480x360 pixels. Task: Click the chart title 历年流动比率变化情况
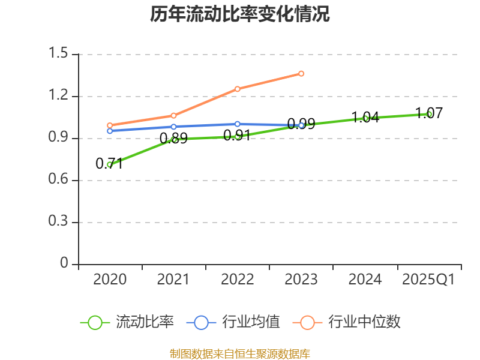[239, 14]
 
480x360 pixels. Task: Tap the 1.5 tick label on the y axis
[59, 54]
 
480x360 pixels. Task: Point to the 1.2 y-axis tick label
[59, 96]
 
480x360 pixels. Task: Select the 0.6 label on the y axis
[59, 180]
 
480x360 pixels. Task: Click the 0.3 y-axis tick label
[59, 222]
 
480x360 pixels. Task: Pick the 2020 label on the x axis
[110, 280]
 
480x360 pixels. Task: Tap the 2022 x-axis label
[238, 280]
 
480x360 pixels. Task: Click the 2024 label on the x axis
[365, 280]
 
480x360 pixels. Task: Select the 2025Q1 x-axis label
[428, 280]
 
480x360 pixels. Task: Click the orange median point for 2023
[301, 74]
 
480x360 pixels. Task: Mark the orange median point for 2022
[238, 89]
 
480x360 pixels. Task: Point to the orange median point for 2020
[110, 125]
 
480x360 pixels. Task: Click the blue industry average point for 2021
[174, 127]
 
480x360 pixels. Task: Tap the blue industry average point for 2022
[238, 124]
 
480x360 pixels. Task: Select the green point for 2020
[110, 164]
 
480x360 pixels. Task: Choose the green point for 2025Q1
[429, 114]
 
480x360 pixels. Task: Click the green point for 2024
[365, 118]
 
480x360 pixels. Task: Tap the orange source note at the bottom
[240, 353]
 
